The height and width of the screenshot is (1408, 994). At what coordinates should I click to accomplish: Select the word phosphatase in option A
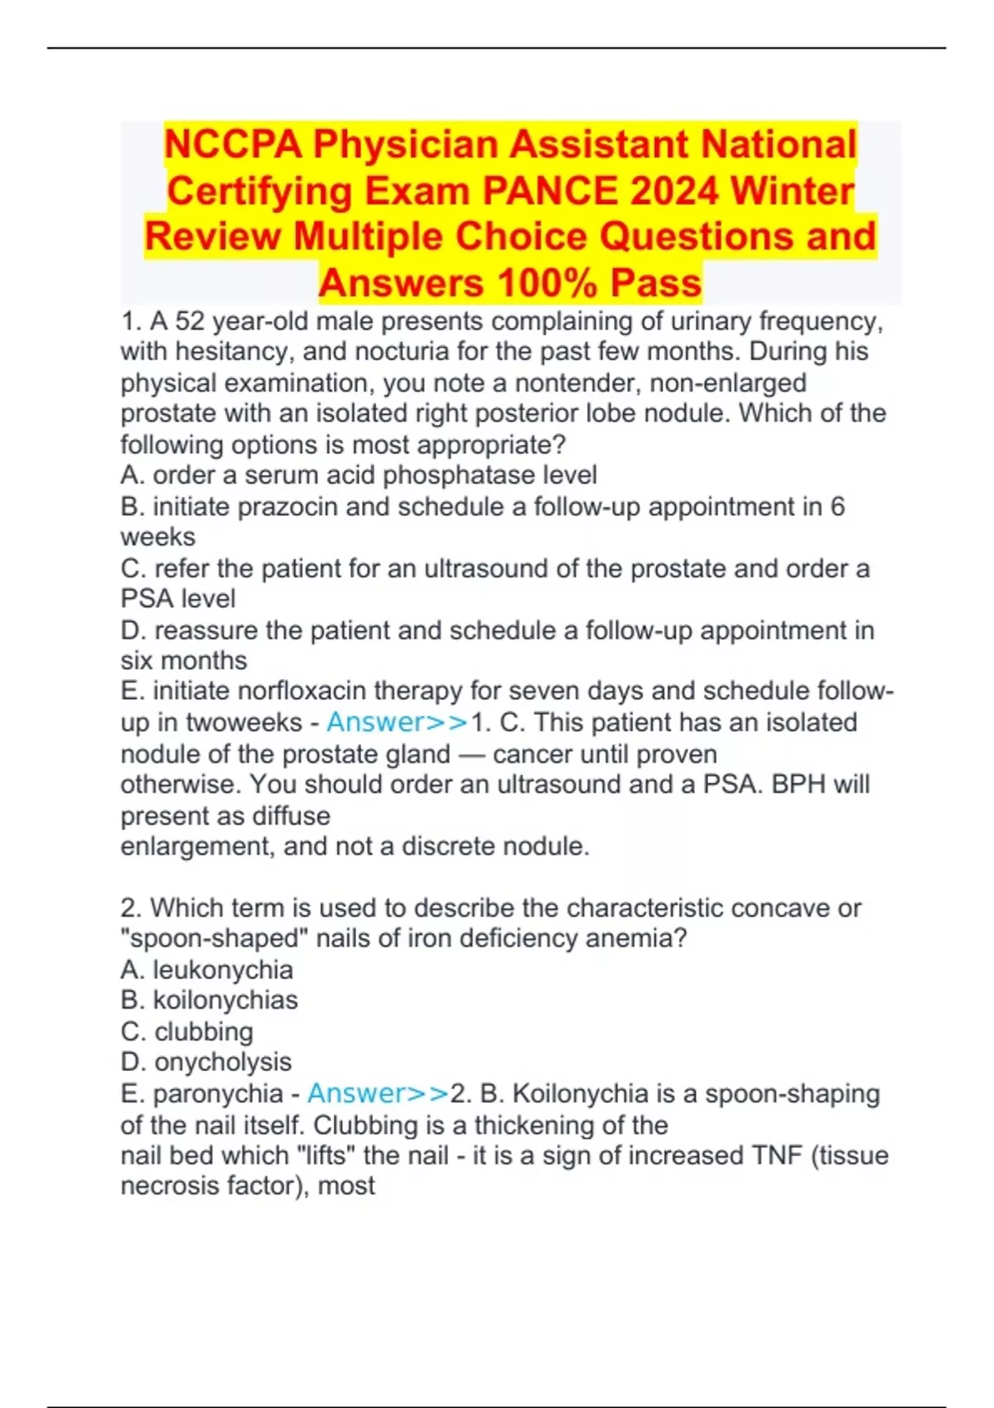(459, 475)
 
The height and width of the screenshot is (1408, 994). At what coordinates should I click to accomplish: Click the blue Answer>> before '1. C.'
(397, 722)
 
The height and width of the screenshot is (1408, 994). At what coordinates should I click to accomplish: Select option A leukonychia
(223, 970)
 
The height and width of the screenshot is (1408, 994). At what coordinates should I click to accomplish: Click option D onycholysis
(223, 1062)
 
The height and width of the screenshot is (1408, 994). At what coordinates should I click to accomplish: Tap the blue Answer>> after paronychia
(378, 1093)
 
